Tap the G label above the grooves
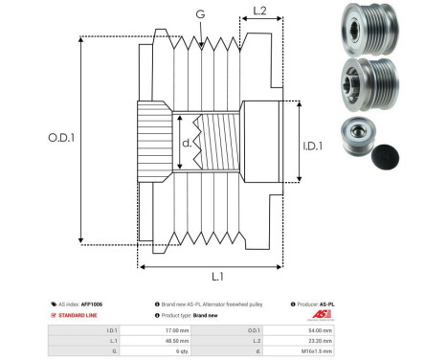(199, 13)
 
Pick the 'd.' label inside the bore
(186, 145)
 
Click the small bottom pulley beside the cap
(353, 140)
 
